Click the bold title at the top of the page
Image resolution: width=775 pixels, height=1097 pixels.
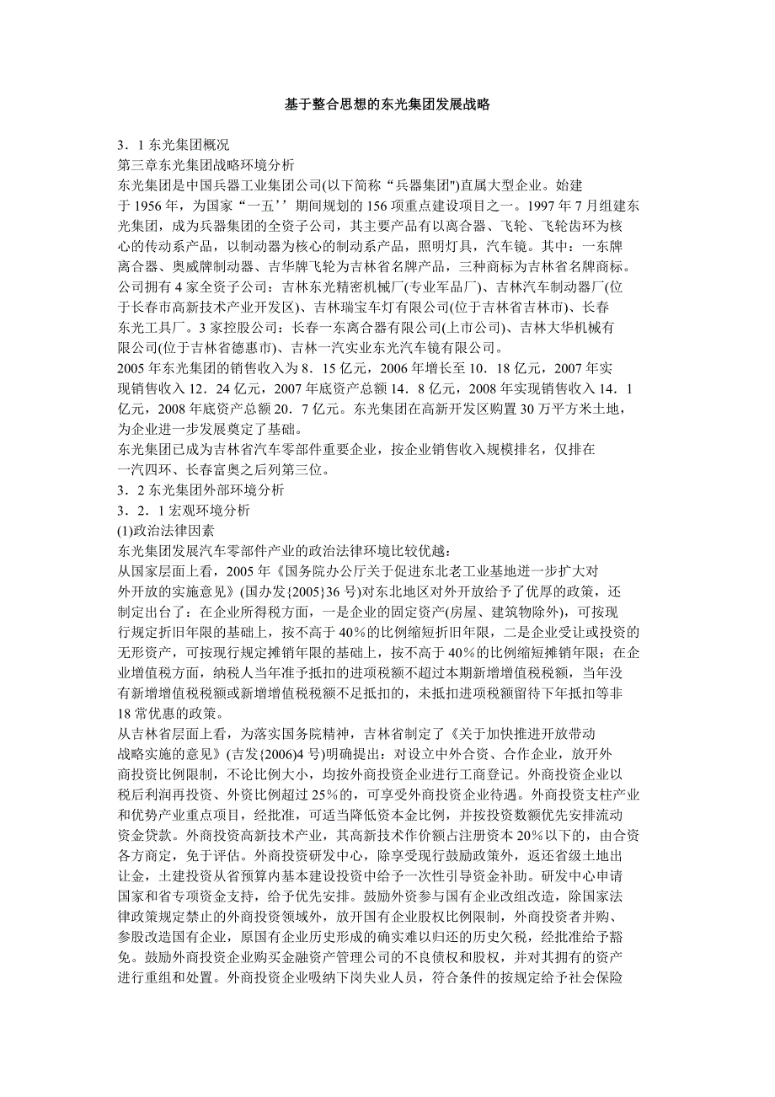coord(387,104)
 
